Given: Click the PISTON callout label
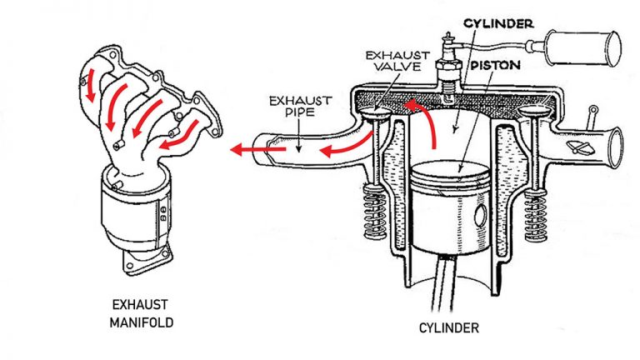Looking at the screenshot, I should click(494, 63).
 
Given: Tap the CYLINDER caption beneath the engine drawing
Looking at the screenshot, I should click(448, 328).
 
